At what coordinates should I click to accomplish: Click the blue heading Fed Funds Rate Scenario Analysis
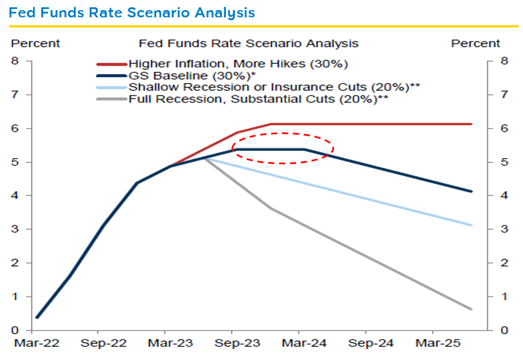132,12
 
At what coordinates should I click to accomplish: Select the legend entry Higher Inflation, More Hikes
238,64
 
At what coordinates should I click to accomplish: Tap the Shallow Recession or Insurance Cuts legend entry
274,87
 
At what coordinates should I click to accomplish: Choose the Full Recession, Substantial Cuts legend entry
258,99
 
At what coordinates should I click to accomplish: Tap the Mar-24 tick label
298,342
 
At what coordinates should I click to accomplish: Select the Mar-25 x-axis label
432,342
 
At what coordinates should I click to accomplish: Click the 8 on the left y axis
15,61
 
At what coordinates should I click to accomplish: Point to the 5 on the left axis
15,162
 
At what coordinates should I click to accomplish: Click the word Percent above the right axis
475,43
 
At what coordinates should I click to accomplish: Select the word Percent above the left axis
36,43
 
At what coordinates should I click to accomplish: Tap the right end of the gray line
471,309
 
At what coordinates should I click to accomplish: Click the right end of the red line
471,124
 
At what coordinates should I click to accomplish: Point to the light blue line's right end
471,225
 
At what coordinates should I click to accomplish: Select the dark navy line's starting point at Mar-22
36,317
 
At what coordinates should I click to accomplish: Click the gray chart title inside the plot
248,43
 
